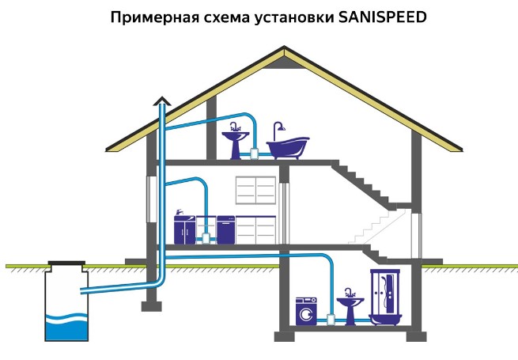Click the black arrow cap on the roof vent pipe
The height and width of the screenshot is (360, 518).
[x=162, y=100]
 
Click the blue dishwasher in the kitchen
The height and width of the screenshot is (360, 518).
[x=225, y=229]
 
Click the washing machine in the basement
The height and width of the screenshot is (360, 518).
[x=306, y=312]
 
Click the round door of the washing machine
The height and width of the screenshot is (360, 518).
[x=306, y=314]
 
